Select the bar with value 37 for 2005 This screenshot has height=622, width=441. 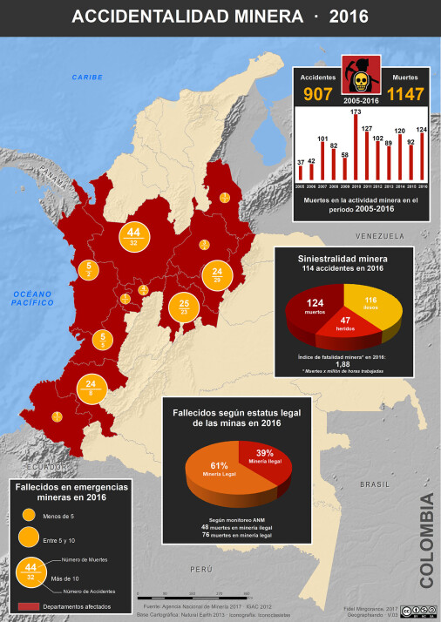click(x=301, y=175)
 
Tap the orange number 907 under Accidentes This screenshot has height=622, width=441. click(x=316, y=94)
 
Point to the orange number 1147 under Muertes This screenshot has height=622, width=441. click(x=404, y=94)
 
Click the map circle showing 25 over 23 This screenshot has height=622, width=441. click(x=184, y=308)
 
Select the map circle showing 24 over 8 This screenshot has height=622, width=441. click(x=92, y=388)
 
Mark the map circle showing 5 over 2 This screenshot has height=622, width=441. click(x=90, y=269)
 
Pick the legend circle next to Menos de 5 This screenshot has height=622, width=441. click(x=28, y=514)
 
